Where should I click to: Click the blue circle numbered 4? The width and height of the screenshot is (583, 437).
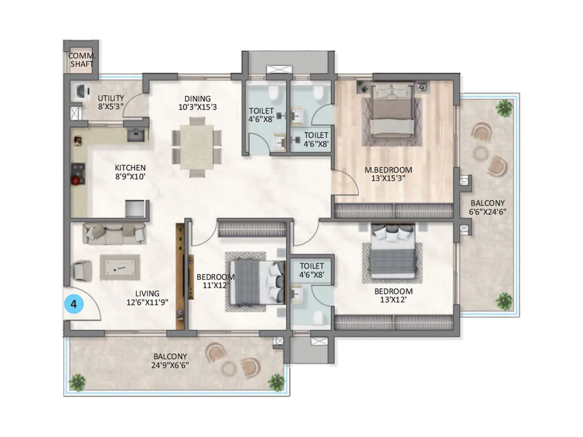pyautogui.click(x=74, y=304)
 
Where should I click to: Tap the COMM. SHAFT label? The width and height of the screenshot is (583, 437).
pyautogui.click(x=82, y=60)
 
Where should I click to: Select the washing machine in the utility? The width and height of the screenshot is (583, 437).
pyautogui.click(x=82, y=91)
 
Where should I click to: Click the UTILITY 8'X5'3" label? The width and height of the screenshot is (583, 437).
pyautogui.click(x=111, y=102)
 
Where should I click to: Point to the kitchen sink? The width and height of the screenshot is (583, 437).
pyautogui.click(x=136, y=135)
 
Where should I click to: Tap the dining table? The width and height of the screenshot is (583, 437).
pyautogui.click(x=197, y=147)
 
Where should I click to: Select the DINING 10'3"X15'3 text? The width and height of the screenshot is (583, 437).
pyautogui.click(x=197, y=103)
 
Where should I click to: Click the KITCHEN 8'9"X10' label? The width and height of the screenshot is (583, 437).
pyautogui.click(x=130, y=172)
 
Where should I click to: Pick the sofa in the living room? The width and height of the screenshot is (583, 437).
pyautogui.click(x=114, y=233)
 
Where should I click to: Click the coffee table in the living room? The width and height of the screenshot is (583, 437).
pyautogui.click(x=120, y=267)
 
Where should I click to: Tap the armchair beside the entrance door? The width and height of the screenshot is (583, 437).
pyautogui.click(x=82, y=271)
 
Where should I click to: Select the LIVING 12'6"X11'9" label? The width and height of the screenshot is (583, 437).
pyautogui.click(x=147, y=298)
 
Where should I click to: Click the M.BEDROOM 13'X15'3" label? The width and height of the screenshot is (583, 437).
pyautogui.click(x=388, y=174)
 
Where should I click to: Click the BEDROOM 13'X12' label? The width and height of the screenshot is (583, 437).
pyautogui.click(x=394, y=295)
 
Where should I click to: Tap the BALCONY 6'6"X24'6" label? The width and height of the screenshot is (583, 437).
pyautogui.click(x=488, y=208)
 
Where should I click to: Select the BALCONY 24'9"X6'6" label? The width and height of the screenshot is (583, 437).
pyautogui.click(x=170, y=361)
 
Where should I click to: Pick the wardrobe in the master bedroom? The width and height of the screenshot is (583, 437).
pyautogui.click(x=394, y=211)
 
